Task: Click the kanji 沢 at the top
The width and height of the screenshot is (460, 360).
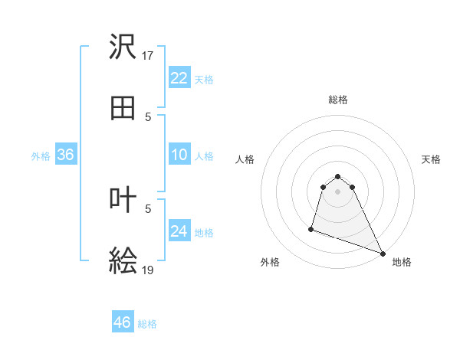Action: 123,47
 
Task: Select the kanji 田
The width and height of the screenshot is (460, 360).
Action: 123,109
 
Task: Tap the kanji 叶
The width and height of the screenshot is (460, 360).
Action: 123,200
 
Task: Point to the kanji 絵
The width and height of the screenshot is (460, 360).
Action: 123,262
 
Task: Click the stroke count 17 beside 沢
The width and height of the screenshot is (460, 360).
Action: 148,56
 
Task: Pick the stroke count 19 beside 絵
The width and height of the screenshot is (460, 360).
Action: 148,270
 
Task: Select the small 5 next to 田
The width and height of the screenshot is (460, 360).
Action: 148,117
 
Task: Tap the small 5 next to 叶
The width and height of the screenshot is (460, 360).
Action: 148,208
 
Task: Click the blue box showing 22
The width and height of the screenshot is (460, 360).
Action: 179,78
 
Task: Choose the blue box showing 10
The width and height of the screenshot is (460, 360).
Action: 179,155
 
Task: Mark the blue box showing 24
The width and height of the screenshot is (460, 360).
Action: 179,231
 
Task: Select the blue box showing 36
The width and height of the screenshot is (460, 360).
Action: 66,155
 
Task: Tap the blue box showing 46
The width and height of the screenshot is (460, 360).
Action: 123,322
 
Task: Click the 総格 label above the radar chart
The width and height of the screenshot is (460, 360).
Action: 338,100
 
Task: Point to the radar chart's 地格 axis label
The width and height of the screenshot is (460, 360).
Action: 402,262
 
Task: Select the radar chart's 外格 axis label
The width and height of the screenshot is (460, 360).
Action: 270,262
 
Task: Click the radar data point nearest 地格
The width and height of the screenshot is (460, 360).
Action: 383,254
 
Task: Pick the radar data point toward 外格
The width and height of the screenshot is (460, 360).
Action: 311,228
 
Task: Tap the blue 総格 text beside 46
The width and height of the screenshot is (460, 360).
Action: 148,324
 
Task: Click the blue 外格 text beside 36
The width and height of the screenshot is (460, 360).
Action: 41,156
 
